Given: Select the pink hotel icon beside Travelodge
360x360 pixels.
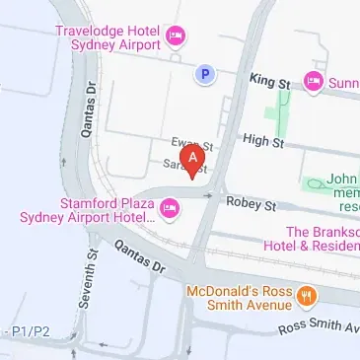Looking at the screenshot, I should pyautogui.click(x=177, y=36).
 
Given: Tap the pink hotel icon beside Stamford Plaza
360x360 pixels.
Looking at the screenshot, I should pyautogui.click(x=169, y=207).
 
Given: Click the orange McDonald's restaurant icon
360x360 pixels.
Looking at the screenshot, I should pyautogui.click(x=307, y=295).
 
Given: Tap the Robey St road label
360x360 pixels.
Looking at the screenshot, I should pyautogui.click(x=250, y=202).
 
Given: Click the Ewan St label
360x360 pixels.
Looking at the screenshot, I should pyautogui.click(x=186, y=143).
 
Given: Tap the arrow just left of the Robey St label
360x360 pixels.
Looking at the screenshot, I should pyautogui.click(x=210, y=196).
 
